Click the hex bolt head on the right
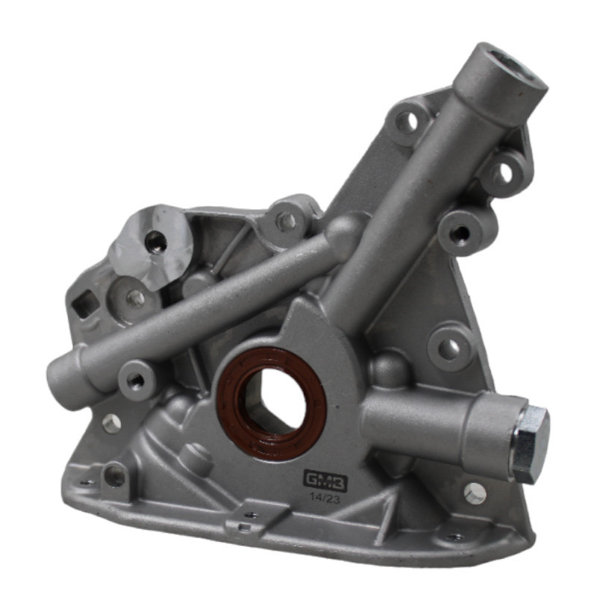531,445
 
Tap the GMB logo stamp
325,480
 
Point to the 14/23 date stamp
325,498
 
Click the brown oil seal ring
271,404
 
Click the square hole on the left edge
85,304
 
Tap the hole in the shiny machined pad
156,240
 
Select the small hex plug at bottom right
475,493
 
